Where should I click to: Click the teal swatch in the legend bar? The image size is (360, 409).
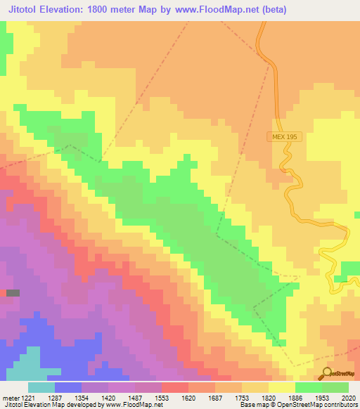click(41, 387)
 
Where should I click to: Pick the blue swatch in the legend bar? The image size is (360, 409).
click(67, 387)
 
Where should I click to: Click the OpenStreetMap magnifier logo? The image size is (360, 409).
click(326, 374)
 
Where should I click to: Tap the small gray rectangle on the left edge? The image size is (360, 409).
click(13, 292)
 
